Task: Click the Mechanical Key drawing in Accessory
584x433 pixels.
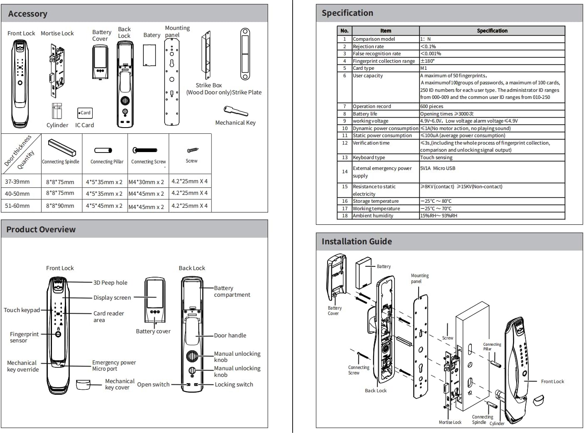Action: [235, 111]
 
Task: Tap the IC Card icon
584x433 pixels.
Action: [84, 113]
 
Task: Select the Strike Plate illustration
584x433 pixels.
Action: [245, 54]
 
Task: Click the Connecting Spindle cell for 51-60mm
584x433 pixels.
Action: [60, 206]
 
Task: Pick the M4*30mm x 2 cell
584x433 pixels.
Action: [146, 182]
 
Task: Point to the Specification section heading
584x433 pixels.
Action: [347, 13]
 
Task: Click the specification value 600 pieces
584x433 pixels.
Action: [432, 106]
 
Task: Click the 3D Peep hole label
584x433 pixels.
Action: [110, 283]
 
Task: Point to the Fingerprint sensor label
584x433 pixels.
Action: [24, 337]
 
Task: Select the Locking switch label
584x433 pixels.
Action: [234, 384]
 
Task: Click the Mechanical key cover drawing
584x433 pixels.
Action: [83, 384]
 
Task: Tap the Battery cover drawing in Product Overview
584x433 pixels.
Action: [155, 300]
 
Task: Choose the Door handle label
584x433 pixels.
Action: [230, 335]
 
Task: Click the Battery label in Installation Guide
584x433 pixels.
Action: [384, 266]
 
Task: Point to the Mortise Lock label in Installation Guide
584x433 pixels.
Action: [450, 422]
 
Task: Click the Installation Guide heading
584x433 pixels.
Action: [357, 241]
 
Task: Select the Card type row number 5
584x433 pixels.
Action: [345, 68]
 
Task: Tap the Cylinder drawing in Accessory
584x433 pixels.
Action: [57, 111]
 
